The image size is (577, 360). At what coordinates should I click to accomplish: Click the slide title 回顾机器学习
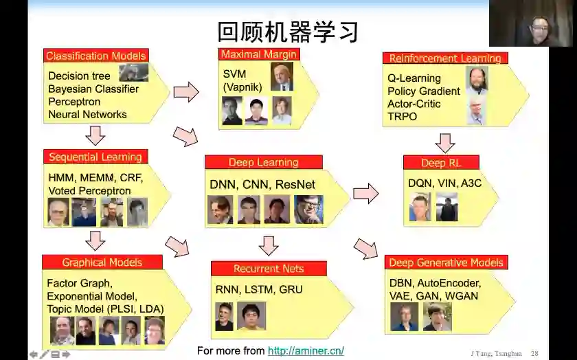pos(288,32)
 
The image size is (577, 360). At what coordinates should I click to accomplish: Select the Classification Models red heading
pos(95,56)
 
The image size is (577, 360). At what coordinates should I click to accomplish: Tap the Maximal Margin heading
pos(258,54)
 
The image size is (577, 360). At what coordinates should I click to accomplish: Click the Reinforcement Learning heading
pos(445,58)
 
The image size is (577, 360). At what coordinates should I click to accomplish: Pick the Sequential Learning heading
pos(95,157)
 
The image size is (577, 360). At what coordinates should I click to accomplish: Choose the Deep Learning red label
pos(263,163)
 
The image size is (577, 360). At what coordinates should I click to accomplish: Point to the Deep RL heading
pos(441,163)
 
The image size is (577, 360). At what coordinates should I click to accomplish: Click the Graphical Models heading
pos(102,262)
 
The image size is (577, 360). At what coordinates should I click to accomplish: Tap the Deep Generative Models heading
pos(446,262)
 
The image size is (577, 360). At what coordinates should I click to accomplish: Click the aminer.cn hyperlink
pos(306,351)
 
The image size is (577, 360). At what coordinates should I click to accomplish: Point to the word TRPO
pos(402,117)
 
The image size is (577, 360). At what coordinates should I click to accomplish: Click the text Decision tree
pos(79,76)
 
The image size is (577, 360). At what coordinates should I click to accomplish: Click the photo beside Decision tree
pos(133,73)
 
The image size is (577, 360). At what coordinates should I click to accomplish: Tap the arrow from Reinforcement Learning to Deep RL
pos(445,142)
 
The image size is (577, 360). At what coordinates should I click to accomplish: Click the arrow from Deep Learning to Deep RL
pos(365,194)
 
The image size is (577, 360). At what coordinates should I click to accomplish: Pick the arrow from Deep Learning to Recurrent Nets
pos(269,245)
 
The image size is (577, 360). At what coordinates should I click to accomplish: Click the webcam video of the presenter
pos(532,23)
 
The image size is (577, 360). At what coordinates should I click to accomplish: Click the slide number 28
pos(534,353)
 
